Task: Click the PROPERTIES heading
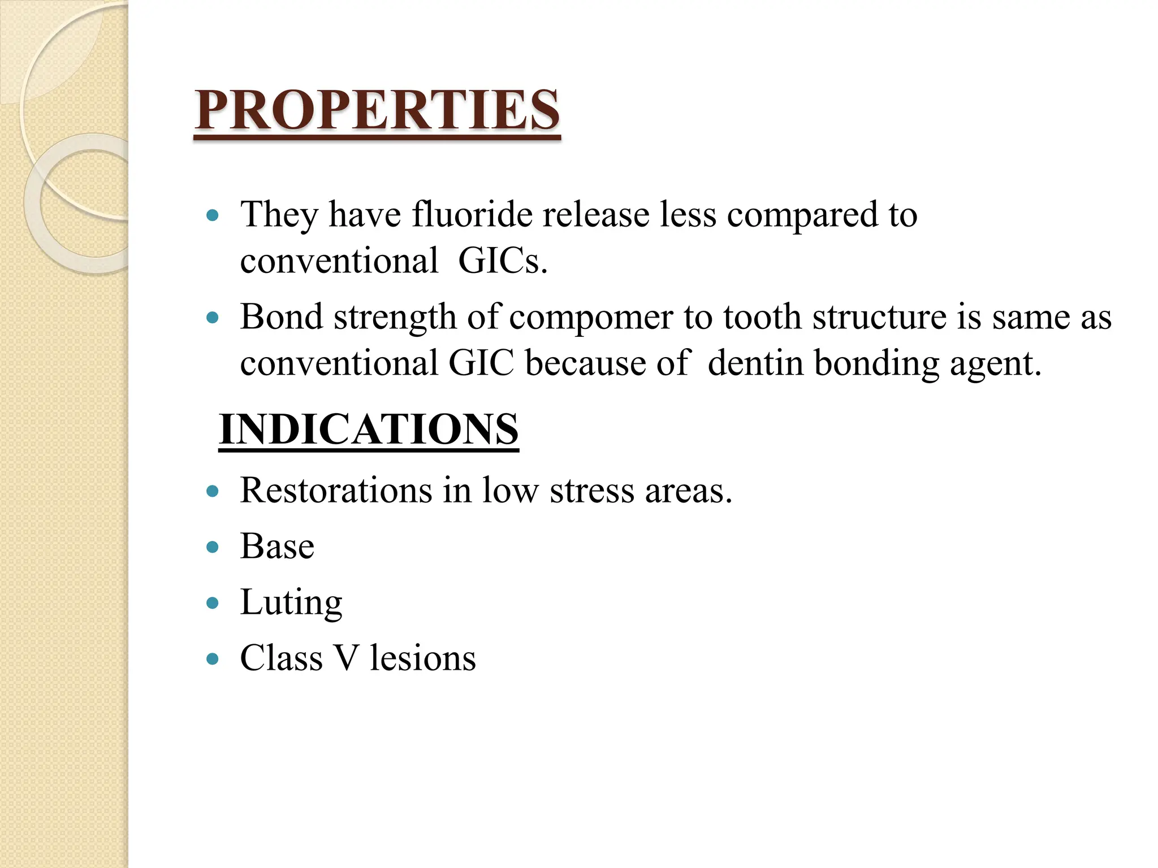point(377,110)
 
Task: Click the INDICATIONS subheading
point(369,429)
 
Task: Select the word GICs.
point(503,261)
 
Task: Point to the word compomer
point(591,318)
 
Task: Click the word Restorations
point(336,490)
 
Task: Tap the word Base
point(277,546)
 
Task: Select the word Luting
point(291,603)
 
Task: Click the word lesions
point(423,658)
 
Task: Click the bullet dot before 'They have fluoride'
point(213,215)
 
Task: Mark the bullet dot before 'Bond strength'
point(213,318)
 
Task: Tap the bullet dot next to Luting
point(213,603)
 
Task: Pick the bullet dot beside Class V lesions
point(213,659)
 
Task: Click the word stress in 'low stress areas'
point(591,491)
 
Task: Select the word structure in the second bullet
point(879,318)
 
